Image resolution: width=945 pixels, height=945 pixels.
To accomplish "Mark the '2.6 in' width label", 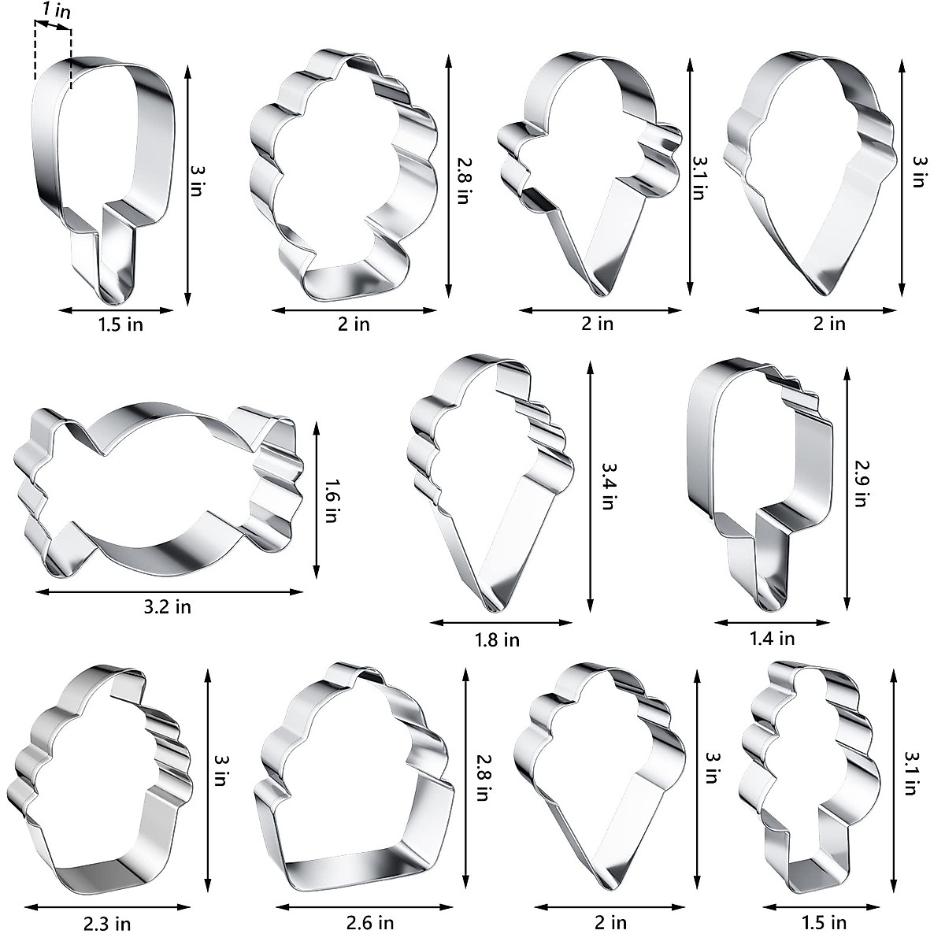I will pyautogui.click(x=370, y=922).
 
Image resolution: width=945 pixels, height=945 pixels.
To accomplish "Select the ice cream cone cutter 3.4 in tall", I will pyautogui.click(x=488, y=480).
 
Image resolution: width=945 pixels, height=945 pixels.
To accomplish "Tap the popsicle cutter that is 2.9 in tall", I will pyautogui.click(x=756, y=480).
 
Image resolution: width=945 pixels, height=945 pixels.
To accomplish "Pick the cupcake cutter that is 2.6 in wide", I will pyautogui.click(x=354, y=780).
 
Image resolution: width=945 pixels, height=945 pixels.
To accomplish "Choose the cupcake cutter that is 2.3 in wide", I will pyautogui.click(x=102, y=780).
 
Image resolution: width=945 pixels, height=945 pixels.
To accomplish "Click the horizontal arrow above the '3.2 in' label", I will pyautogui.click(x=169, y=591).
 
